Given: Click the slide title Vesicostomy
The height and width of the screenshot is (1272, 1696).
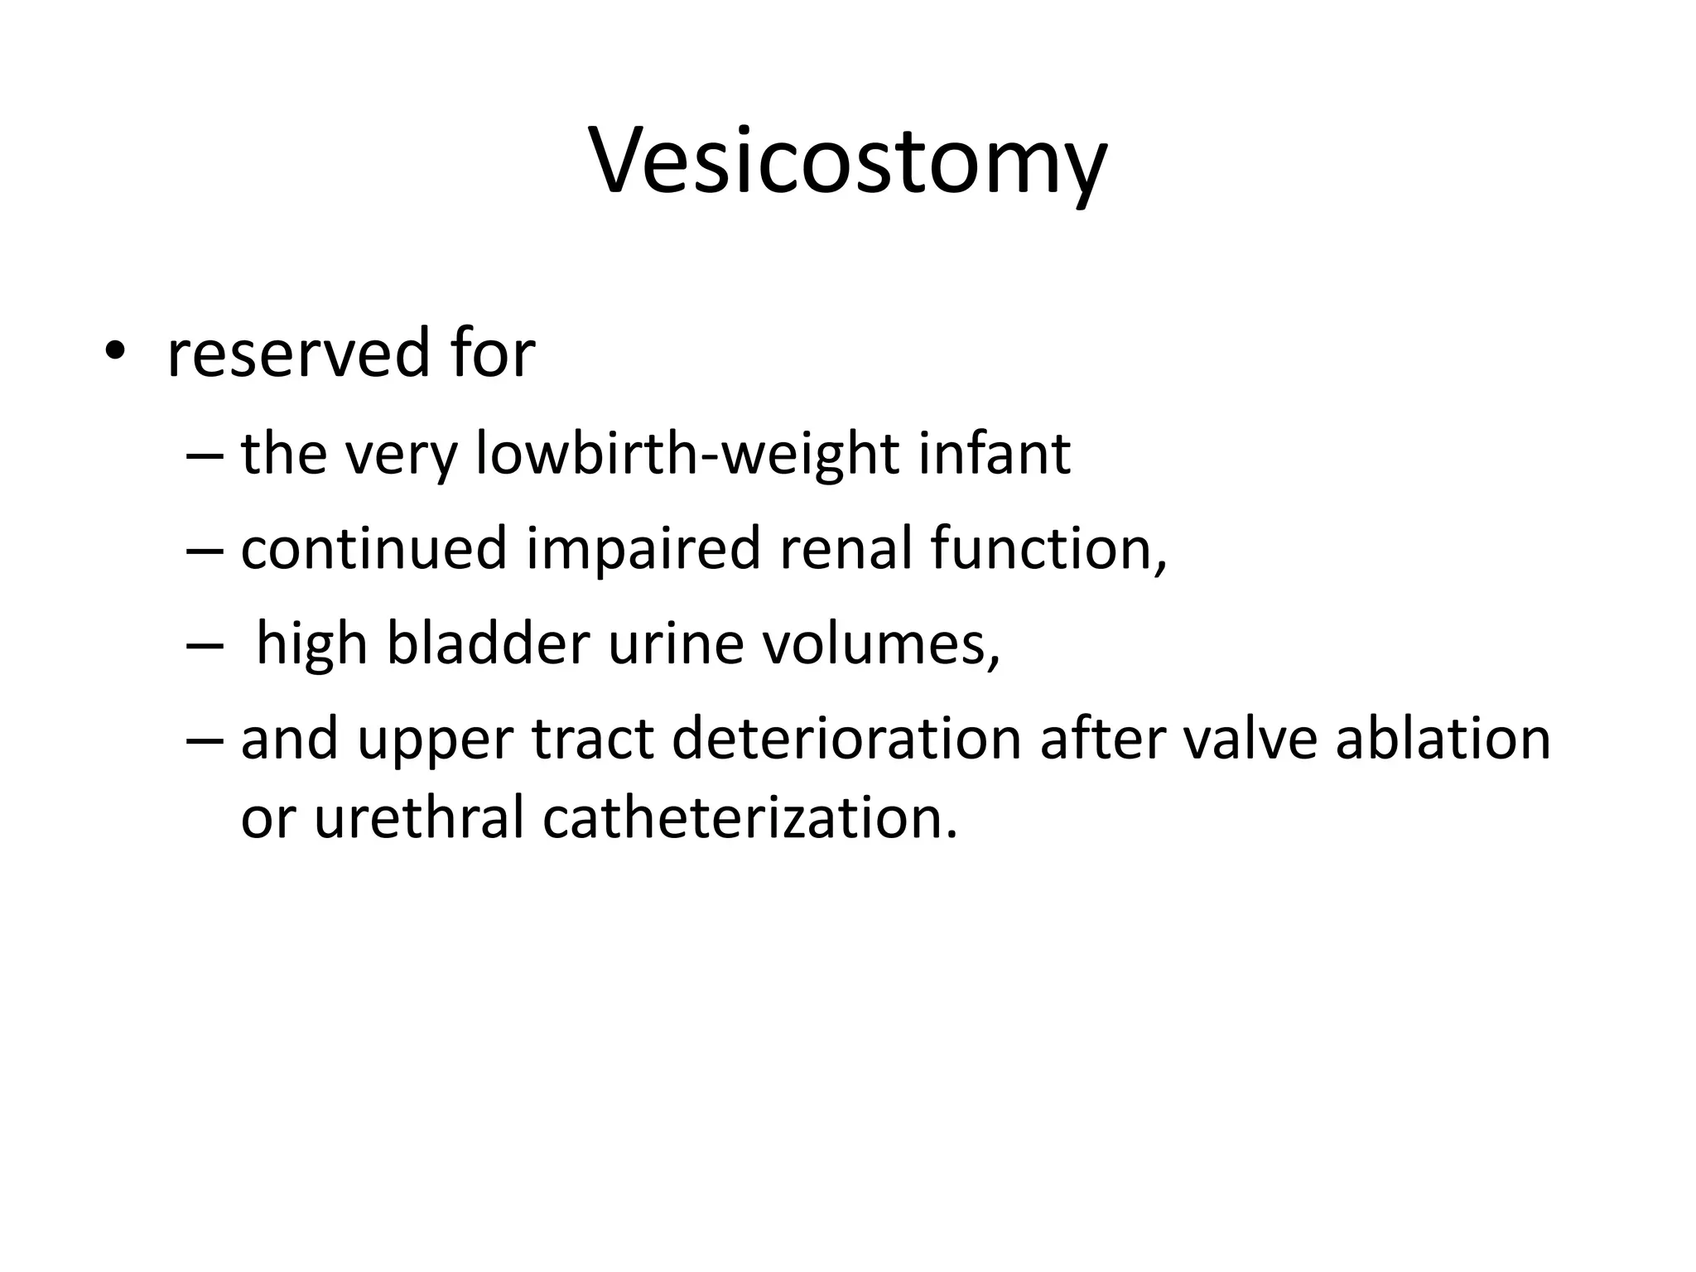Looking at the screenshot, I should click(x=847, y=161).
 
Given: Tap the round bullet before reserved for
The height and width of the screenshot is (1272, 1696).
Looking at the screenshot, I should click(x=114, y=354).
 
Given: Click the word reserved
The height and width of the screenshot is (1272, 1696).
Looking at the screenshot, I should click(x=298, y=354).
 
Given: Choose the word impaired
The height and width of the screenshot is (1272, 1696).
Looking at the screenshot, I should click(x=643, y=550).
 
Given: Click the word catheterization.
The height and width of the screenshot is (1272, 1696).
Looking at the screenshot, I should click(x=749, y=817).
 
